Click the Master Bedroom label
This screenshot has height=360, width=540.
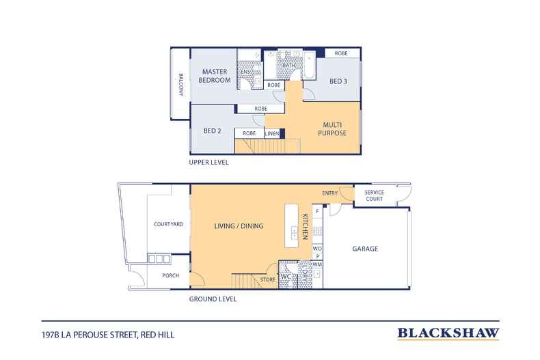[x=215, y=76]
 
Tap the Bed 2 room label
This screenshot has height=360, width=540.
[x=212, y=130]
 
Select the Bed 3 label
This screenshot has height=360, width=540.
[x=338, y=81]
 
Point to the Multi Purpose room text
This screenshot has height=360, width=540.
[x=332, y=128]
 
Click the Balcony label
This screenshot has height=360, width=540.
[x=181, y=84]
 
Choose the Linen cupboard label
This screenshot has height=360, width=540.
[x=272, y=133]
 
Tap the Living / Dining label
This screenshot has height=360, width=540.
[x=239, y=226]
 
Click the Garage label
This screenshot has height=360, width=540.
[x=365, y=249]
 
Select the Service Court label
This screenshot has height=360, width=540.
[x=375, y=195]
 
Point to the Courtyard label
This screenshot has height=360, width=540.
[x=168, y=224]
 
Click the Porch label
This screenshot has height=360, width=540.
[x=171, y=275]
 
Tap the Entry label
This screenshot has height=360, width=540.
[x=329, y=193]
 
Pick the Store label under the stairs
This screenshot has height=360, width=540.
[x=267, y=280]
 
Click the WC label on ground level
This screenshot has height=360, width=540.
[x=286, y=277]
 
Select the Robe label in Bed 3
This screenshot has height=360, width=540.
[x=341, y=53]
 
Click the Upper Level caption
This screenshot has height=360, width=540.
[x=208, y=163]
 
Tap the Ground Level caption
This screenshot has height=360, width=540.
[x=213, y=299]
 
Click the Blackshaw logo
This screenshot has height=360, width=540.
[x=448, y=333]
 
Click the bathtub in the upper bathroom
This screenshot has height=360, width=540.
[x=309, y=65]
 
